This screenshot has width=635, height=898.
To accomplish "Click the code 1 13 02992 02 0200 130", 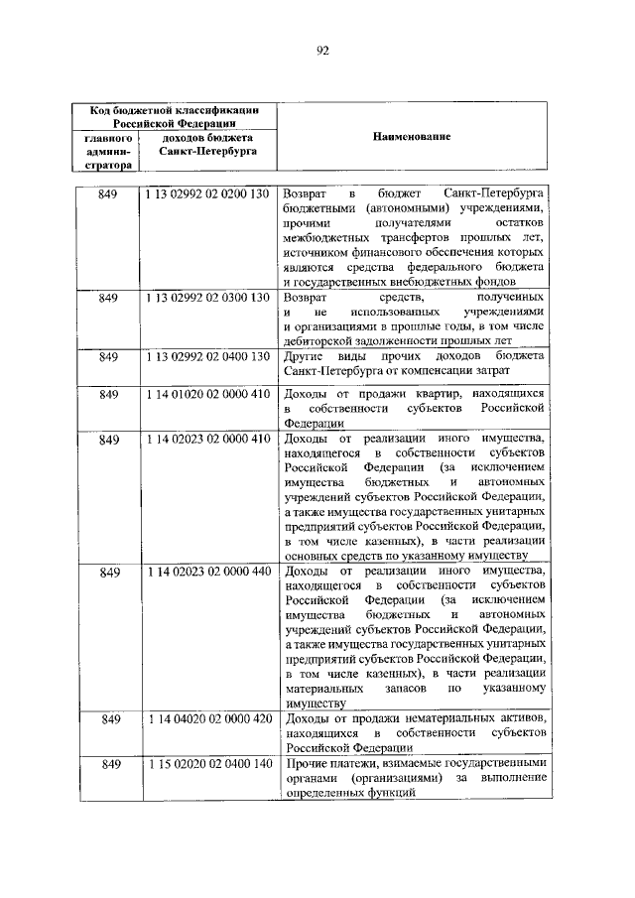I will (207, 192).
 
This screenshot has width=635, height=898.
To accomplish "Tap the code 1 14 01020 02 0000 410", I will (207, 394).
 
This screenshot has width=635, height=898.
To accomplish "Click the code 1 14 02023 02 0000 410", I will (207, 439).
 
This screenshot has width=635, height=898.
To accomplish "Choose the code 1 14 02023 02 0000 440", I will (207, 573).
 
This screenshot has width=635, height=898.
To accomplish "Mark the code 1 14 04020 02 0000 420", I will (207, 717).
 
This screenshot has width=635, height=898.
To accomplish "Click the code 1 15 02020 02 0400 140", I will (207, 763).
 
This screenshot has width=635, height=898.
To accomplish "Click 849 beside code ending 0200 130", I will (109, 192).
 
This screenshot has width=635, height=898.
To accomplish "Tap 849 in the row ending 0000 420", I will (109, 717).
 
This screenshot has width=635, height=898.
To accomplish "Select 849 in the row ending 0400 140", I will (109, 763).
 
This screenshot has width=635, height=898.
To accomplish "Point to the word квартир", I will (423, 394).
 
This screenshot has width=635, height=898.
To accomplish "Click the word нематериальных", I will (433, 717).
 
